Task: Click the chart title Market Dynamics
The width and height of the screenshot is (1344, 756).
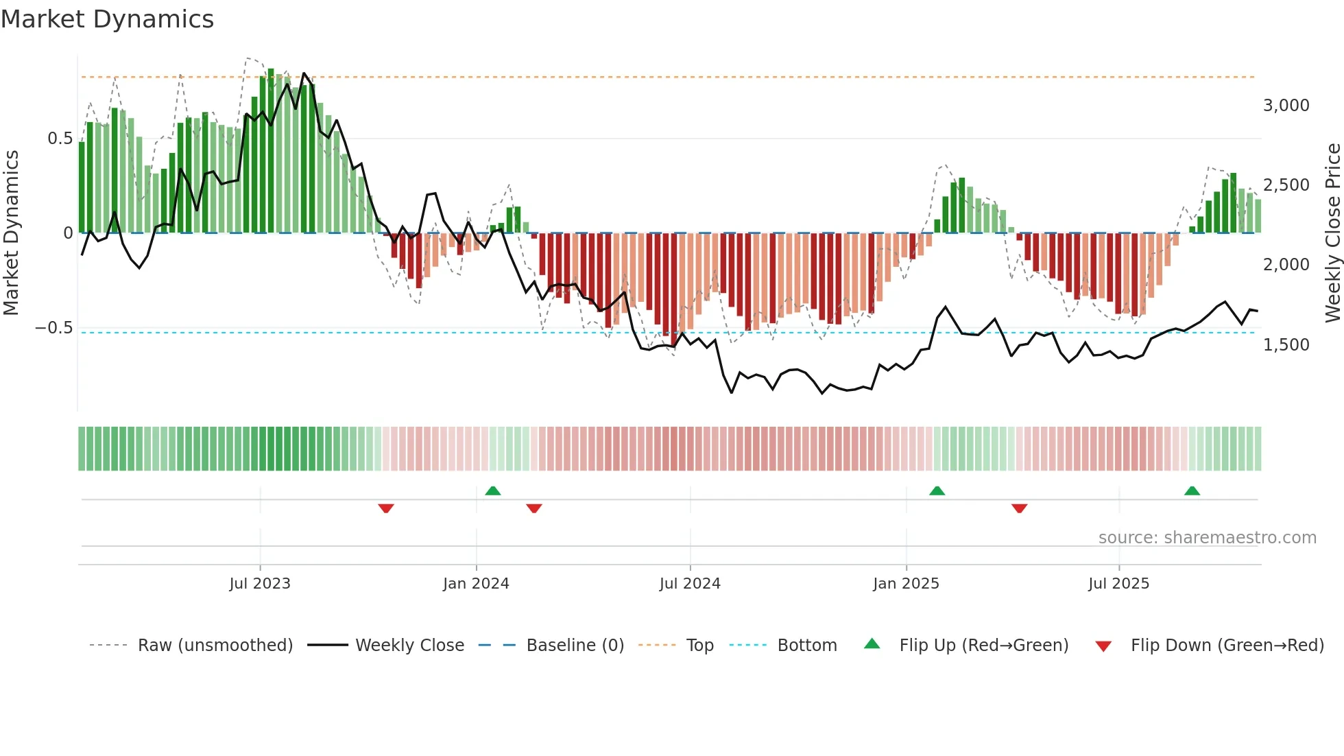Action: point(107,19)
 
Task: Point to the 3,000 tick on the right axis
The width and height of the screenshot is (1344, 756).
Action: point(1286,106)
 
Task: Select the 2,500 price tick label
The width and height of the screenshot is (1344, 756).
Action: point(1286,185)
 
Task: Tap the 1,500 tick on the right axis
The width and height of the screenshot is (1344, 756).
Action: point(1286,345)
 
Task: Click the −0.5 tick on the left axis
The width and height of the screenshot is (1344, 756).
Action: point(53,328)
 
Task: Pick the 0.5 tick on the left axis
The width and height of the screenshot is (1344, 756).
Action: point(60,139)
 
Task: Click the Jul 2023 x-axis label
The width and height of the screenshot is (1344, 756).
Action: point(260,584)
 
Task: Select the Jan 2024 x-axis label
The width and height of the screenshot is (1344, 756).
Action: point(476,584)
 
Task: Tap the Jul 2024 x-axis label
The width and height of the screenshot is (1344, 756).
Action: point(690,584)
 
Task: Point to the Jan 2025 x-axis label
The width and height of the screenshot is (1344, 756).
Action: point(906,584)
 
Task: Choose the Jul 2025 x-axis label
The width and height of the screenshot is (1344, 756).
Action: point(1118,584)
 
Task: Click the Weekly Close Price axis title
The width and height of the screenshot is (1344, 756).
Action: point(1332,233)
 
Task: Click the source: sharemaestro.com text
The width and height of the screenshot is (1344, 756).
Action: point(1207,538)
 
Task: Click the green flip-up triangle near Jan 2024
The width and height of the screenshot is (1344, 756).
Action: point(492,491)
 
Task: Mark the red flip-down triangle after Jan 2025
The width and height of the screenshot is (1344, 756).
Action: point(1019,508)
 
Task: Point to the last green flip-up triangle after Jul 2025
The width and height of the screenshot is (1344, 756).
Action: point(1192,491)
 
